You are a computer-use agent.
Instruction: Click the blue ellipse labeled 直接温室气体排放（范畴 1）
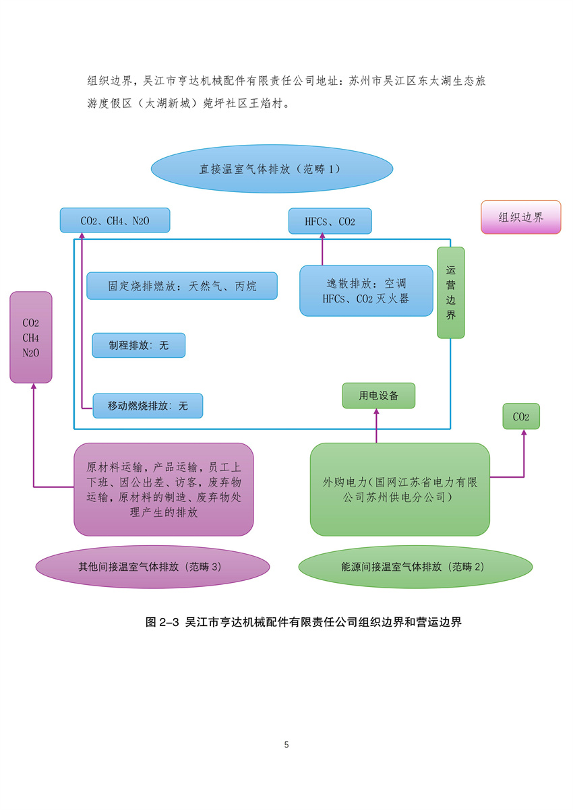(x=272, y=168)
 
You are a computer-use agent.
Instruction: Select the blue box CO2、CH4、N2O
(x=115, y=220)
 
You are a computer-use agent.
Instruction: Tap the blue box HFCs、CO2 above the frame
(x=330, y=221)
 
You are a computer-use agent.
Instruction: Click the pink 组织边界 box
(x=520, y=217)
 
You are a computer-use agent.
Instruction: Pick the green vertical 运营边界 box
(x=450, y=292)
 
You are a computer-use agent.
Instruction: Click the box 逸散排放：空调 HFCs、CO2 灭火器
(x=366, y=290)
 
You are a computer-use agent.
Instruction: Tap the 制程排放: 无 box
(x=139, y=345)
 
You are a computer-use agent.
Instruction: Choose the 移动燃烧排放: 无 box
(x=148, y=406)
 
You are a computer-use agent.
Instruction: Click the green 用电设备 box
(x=378, y=396)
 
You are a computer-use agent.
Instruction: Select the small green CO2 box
(x=521, y=416)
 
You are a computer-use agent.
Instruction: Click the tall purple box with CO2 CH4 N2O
(x=31, y=337)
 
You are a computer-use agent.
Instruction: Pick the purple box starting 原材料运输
(x=164, y=489)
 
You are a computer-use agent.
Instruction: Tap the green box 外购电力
(x=400, y=489)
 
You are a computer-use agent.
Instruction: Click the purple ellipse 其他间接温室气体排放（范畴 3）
(x=152, y=567)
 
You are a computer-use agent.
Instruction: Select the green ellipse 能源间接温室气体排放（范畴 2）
(x=415, y=567)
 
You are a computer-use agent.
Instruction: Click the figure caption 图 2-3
(x=303, y=622)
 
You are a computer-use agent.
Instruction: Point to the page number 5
(x=286, y=745)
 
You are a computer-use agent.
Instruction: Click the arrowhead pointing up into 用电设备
(x=377, y=413)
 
